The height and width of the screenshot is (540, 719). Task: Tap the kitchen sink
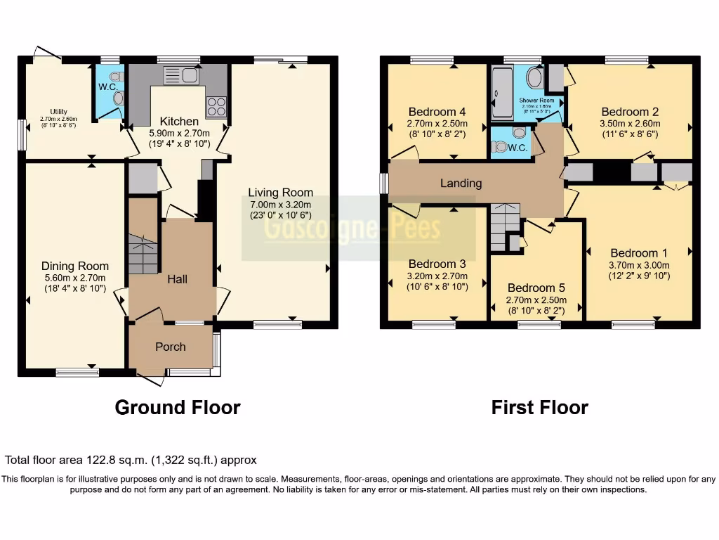[180, 75]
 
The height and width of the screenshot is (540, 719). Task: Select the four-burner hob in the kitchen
[216, 106]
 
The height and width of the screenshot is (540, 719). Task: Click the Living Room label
[280, 193]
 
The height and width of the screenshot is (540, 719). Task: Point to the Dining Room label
[75, 266]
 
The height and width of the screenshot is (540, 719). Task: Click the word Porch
[171, 347]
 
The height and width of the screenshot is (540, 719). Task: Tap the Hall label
[177, 279]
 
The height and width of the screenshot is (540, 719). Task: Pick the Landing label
[461, 183]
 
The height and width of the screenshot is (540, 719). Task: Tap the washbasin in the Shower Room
[534, 78]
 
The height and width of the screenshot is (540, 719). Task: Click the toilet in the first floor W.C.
[500, 147]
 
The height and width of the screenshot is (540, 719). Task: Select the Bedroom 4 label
[437, 112]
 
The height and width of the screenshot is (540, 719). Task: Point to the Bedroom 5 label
[536, 288]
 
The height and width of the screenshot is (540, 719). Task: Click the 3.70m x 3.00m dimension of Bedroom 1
[639, 265]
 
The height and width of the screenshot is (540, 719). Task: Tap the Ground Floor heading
[177, 407]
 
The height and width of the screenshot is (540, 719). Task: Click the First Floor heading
[539, 407]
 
